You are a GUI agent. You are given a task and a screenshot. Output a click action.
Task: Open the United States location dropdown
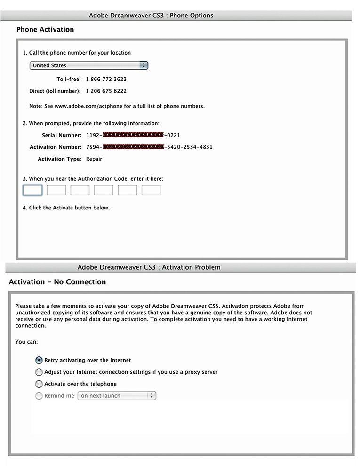point(89,65)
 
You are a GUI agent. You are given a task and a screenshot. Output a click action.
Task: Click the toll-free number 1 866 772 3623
point(106,79)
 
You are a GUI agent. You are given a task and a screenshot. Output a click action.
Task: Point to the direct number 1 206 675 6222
point(106,91)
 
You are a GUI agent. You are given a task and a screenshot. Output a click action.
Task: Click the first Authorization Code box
point(32,190)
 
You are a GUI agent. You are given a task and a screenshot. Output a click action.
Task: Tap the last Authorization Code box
point(151,190)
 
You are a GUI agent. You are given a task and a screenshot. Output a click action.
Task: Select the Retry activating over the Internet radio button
point(39,360)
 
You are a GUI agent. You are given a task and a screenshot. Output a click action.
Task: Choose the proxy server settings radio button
point(39,372)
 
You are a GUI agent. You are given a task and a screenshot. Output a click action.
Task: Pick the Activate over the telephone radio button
point(39,384)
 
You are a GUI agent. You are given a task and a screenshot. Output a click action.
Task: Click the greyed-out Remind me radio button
point(39,396)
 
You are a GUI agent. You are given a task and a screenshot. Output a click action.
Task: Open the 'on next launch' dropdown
point(117,396)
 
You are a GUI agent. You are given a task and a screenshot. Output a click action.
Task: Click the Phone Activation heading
point(45,29)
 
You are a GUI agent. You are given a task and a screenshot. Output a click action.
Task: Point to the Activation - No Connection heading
point(57,282)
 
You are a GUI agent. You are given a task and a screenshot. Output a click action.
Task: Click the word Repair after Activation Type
point(94,159)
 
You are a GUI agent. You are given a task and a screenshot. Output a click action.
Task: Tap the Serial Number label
point(65,135)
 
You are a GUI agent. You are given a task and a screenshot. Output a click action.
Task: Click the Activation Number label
point(56,147)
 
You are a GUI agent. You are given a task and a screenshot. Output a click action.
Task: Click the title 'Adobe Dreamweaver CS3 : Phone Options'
point(151,16)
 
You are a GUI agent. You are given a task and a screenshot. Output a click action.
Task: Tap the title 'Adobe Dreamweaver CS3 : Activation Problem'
point(149,267)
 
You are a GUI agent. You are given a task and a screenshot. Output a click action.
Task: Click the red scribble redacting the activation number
point(133,147)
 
